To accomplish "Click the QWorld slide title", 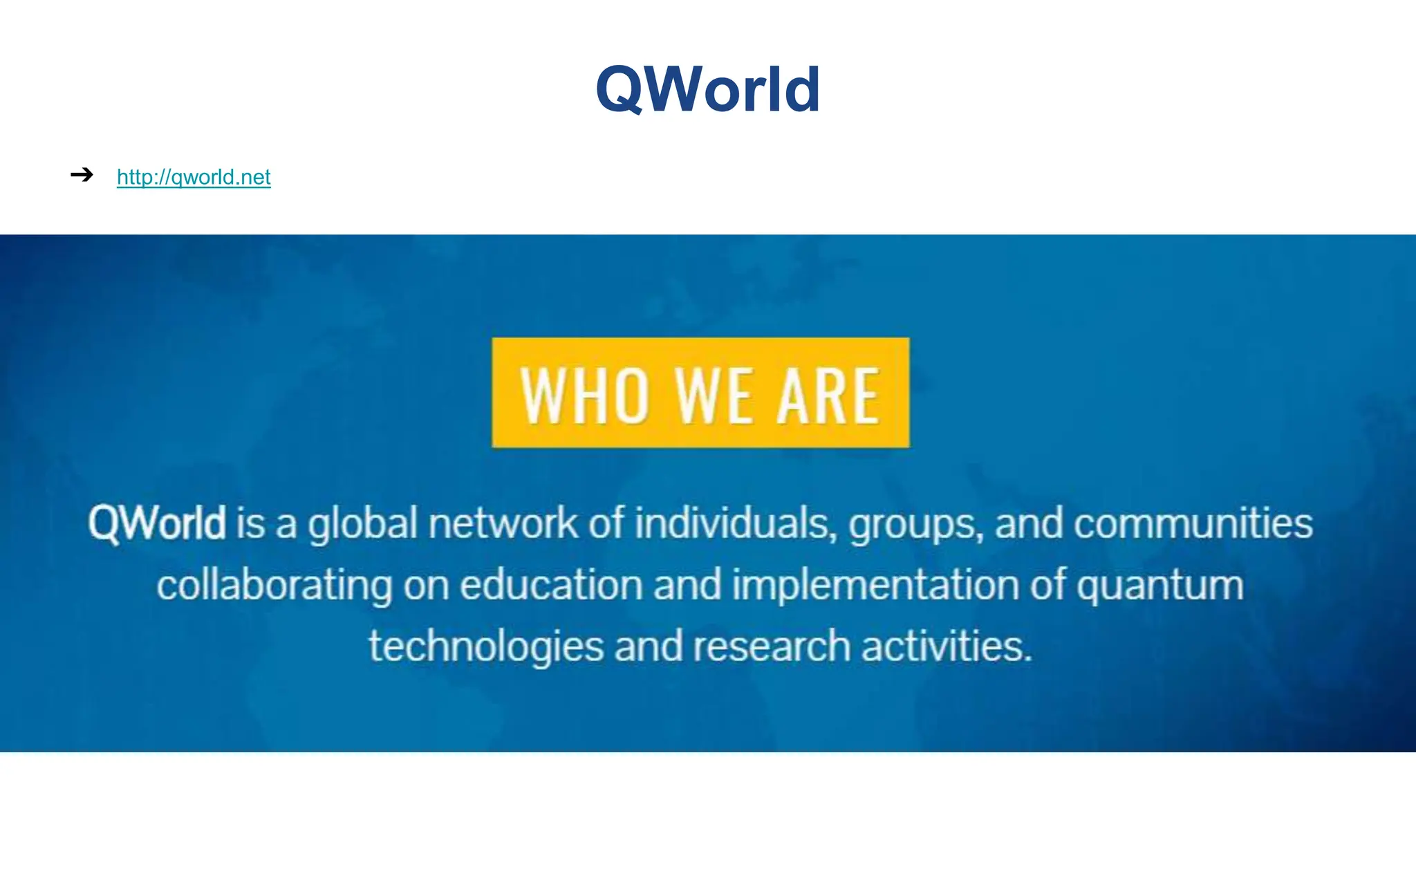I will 708,90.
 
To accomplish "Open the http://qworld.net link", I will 194,177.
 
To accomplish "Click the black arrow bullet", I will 82,175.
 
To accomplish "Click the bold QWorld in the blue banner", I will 157,523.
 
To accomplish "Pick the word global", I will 362,524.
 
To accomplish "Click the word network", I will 503,523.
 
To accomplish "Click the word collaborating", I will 274,586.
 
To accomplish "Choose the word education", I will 551,584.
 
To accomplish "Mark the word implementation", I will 875,586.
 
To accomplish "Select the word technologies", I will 486,647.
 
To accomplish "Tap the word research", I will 771,646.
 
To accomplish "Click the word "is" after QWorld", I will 250,523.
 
